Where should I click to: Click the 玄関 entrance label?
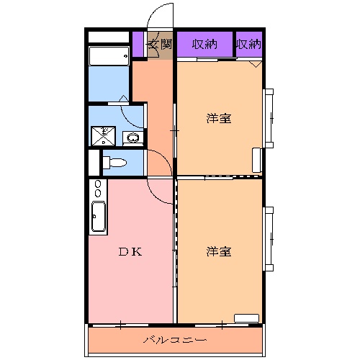point(160,44)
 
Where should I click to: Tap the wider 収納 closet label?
point(204,44)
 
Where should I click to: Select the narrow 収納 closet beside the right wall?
point(249,44)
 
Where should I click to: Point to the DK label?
point(130,252)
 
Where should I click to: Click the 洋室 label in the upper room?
point(219,118)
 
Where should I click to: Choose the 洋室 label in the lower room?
point(219,251)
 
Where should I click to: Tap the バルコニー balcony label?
point(175,340)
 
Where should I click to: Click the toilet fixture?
point(114,163)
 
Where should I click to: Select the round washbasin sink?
point(132,138)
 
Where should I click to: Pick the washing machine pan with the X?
point(104,136)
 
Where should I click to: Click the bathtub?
point(109,56)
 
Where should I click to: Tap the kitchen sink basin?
point(99,217)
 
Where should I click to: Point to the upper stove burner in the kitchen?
point(98,184)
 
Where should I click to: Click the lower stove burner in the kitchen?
point(98,193)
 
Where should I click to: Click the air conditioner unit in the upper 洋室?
point(257,160)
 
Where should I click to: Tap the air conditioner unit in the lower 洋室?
point(247,318)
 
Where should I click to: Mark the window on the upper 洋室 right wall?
point(269,118)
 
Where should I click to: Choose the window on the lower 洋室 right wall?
point(269,239)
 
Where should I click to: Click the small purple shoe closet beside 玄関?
point(138,45)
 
